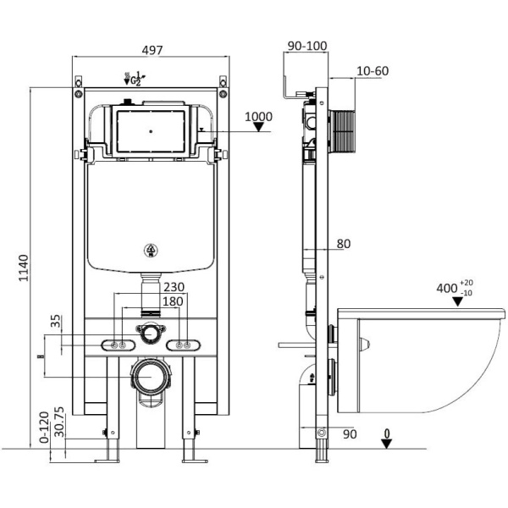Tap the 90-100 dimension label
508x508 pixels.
(x=306, y=46)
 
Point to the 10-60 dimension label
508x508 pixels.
(x=372, y=71)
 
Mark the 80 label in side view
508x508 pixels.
(x=343, y=244)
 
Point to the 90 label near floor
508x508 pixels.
(x=350, y=434)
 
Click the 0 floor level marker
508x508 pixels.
(x=386, y=436)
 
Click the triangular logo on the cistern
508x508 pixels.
(x=151, y=250)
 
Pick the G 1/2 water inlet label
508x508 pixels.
(x=134, y=80)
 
